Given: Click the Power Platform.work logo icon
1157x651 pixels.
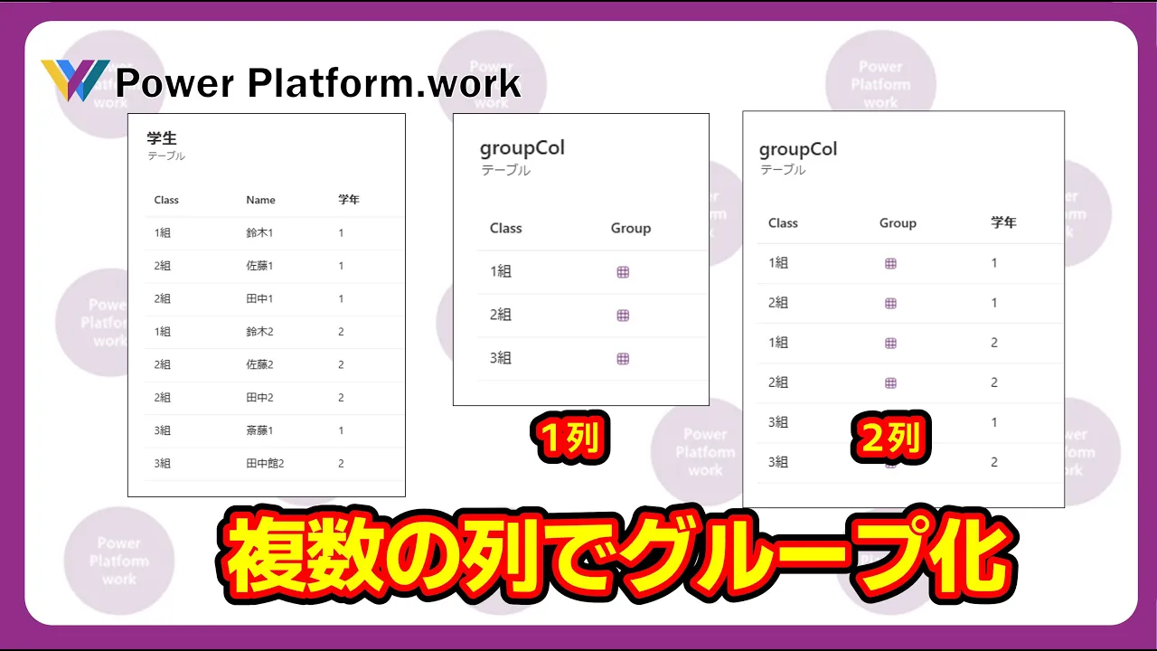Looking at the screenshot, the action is tap(75, 80).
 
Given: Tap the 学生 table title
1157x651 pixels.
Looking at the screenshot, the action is tap(162, 138).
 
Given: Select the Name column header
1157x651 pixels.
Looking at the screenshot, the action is tap(260, 200).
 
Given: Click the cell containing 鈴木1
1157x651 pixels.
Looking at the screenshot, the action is tap(259, 233).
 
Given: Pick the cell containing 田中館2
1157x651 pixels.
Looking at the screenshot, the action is tap(265, 464).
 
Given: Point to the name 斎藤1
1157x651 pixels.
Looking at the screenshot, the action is tap(259, 430).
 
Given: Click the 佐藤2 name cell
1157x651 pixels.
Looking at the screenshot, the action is tap(259, 364).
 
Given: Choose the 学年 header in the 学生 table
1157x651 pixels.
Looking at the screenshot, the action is tap(349, 200).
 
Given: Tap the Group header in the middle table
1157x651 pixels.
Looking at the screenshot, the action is tap(631, 229).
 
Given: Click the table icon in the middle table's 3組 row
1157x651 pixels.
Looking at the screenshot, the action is tap(623, 359).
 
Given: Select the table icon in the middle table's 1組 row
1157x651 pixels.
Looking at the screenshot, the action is tap(623, 272).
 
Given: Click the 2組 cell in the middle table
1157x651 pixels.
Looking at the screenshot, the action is tap(501, 315).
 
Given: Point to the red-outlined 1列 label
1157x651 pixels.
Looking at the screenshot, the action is tap(570, 437).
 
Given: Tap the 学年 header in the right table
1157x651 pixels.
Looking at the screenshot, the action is tap(1003, 222).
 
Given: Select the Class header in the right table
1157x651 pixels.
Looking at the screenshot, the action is tap(783, 223).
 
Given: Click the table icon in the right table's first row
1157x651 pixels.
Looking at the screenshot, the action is tap(890, 263).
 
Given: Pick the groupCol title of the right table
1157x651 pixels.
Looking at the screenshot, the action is tap(798, 150).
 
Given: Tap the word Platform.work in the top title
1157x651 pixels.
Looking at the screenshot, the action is tap(384, 82).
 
